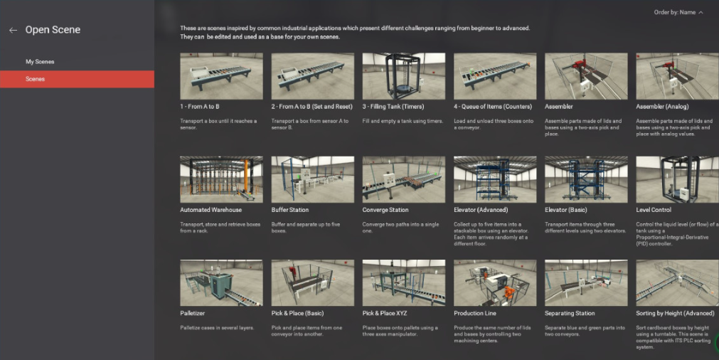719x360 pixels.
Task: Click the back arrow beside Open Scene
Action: coord(14,31)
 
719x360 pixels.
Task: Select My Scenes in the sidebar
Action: coord(40,61)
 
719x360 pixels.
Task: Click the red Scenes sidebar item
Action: coord(77,79)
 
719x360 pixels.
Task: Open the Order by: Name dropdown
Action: coord(678,12)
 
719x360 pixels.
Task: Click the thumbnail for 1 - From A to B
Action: coord(221,76)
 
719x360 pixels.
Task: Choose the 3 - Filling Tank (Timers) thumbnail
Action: coord(403,76)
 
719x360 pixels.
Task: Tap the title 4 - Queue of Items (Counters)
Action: coord(493,107)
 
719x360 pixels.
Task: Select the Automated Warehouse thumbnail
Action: coord(221,179)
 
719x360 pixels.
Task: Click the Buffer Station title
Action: coord(289,210)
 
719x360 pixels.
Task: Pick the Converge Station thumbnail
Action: coord(403,179)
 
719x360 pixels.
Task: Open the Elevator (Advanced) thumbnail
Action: coord(495,179)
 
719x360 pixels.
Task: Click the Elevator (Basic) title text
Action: coord(566,210)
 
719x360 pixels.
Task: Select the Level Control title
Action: coord(654,210)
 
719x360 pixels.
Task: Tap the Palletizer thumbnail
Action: coord(221,283)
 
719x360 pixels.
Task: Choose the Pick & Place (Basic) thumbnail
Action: coord(313,283)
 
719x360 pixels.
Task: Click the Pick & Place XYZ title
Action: coord(385,313)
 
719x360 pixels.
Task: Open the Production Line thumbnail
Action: coord(495,283)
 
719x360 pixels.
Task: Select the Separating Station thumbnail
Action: coord(586,283)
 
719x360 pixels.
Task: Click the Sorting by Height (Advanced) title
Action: coord(675,313)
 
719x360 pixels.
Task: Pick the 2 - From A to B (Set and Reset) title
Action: coord(311,107)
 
